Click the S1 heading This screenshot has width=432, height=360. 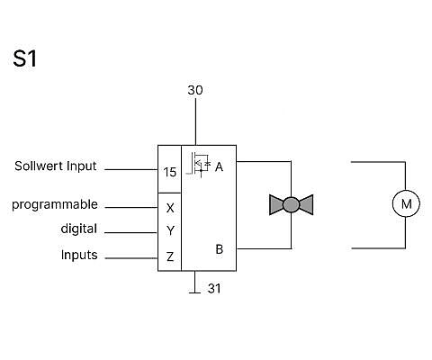tap(25, 58)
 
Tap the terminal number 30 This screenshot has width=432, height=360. tap(195, 90)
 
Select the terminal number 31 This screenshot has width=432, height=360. tap(214, 288)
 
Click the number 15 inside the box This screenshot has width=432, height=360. tap(170, 172)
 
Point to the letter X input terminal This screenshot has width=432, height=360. tap(170, 208)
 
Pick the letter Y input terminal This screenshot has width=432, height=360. tap(170, 230)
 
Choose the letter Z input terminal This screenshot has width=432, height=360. tap(170, 256)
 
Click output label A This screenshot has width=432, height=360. tap(220, 166)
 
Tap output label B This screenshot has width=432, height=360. tap(220, 249)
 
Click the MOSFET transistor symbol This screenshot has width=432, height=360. tap(199, 165)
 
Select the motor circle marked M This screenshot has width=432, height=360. tap(406, 203)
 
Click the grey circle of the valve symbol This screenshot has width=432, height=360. tap(291, 205)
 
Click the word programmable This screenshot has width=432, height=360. tap(55, 205)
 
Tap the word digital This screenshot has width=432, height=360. tap(79, 229)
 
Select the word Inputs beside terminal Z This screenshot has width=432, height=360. tap(79, 255)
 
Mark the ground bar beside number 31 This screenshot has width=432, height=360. tap(195, 292)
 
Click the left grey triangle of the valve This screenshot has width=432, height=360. tap(275, 205)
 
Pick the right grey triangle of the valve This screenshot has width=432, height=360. tap(307, 205)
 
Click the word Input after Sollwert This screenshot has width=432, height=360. tap(82, 166)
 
